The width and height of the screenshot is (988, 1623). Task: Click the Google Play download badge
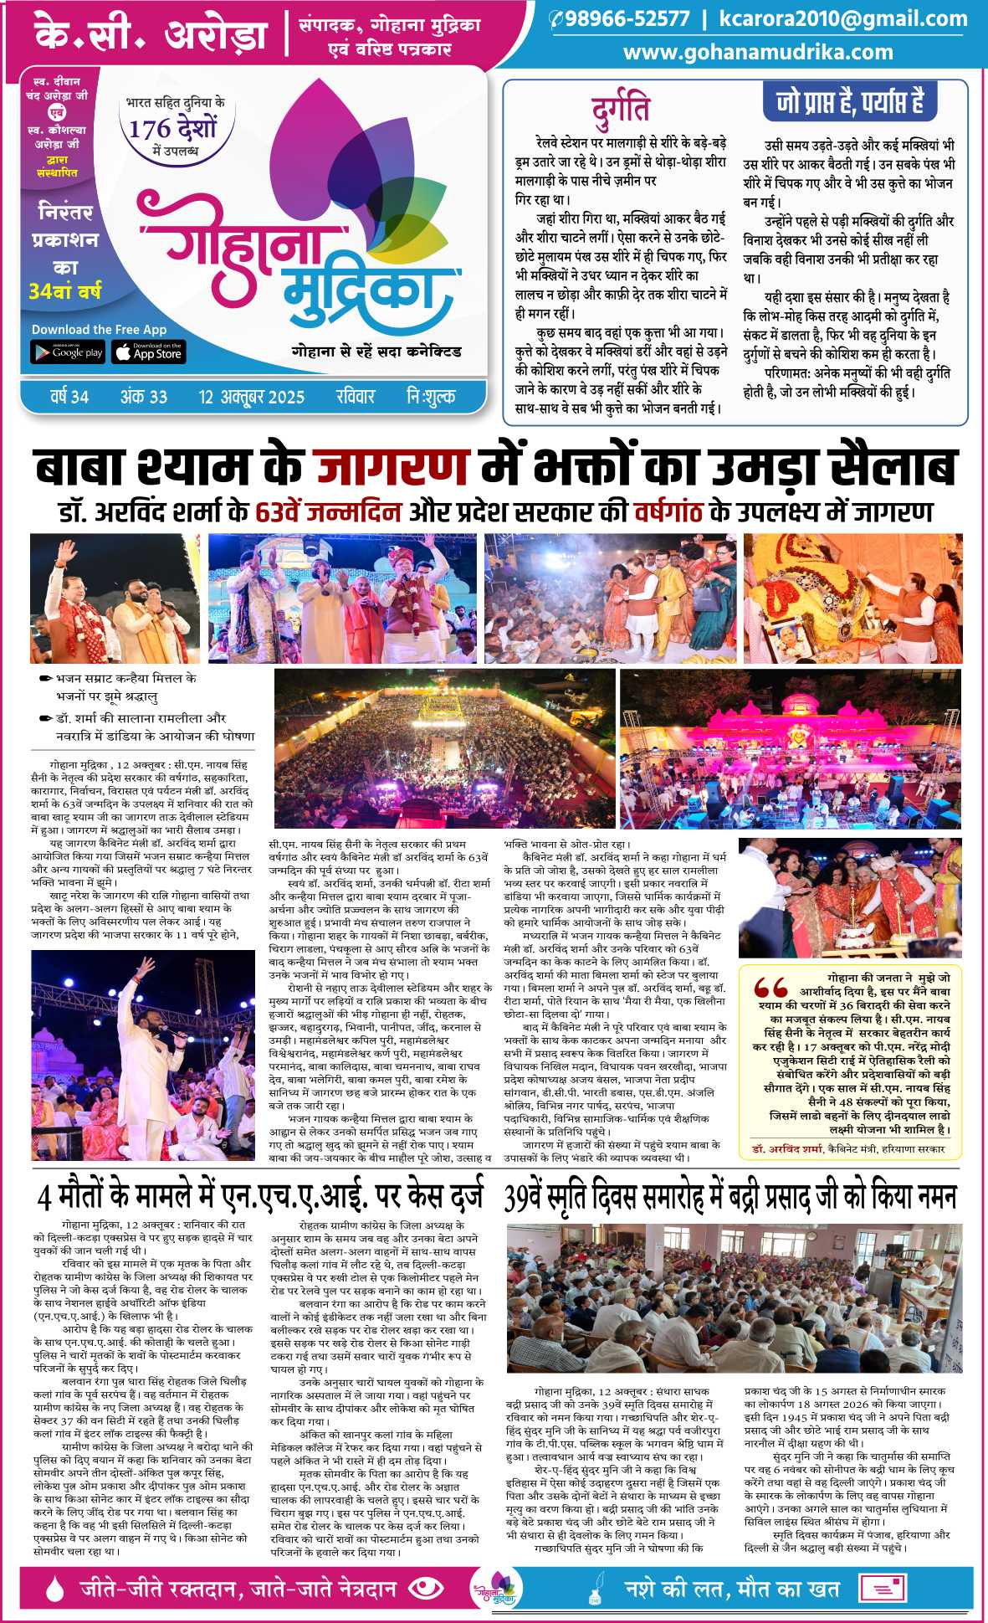[68, 352]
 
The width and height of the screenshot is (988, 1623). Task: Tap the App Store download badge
[148, 352]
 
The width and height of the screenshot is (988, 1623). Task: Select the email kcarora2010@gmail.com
[842, 19]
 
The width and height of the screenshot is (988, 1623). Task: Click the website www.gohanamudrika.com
[758, 52]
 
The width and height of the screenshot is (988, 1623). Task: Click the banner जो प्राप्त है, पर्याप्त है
[850, 101]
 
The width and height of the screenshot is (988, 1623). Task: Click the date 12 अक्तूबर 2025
[252, 397]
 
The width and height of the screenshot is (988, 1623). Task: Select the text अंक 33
[144, 397]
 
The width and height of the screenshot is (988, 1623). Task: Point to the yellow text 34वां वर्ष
[64, 292]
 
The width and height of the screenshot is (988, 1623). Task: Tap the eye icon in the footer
[428, 1587]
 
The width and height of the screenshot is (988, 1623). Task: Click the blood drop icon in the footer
[54, 1587]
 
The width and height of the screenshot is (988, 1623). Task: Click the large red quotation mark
[770, 989]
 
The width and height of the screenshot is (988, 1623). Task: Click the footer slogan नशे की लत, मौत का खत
[732, 1588]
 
